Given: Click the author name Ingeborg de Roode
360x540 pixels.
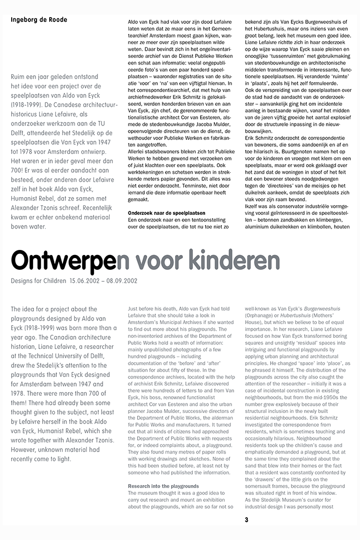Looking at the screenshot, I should tap(39, 20).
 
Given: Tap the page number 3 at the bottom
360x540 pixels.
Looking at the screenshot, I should tap(247, 520).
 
